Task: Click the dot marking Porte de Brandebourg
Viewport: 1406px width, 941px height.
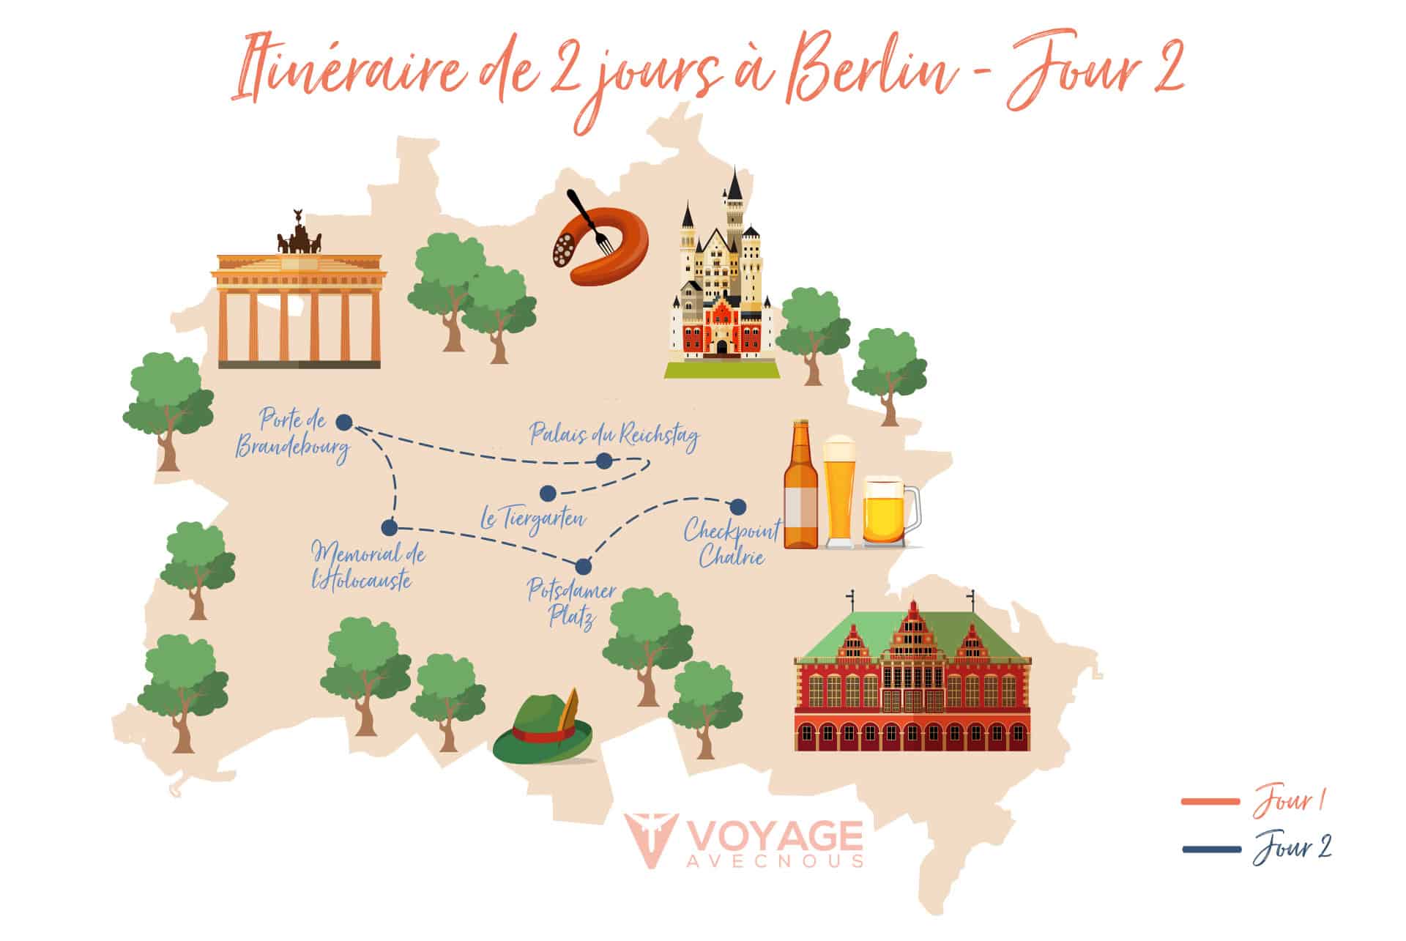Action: point(343,422)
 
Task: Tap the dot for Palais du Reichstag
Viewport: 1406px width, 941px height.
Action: point(603,461)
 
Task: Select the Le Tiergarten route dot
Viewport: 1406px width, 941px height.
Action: point(548,492)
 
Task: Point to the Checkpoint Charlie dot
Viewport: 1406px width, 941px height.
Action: point(738,507)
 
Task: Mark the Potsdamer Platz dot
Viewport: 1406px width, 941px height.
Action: point(584,566)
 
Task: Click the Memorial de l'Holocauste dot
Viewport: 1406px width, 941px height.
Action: point(390,527)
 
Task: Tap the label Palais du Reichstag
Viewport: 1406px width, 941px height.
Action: point(614,434)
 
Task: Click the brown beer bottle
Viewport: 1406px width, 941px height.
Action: point(800,487)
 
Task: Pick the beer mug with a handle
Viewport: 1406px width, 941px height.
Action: point(888,513)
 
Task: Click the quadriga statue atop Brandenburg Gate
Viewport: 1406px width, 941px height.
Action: point(298,236)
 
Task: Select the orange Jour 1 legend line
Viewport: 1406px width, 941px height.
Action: point(1210,802)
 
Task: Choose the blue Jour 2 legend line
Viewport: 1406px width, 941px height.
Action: point(1210,849)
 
